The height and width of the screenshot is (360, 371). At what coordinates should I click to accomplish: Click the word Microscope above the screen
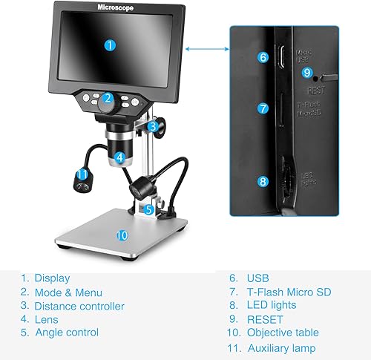[x=118, y=7]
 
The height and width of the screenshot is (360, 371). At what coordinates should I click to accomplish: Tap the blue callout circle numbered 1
[x=110, y=45]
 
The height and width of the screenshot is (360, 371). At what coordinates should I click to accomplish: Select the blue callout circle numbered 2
[x=108, y=97]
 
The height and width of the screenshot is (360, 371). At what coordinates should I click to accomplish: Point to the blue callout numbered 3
[x=151, y=126]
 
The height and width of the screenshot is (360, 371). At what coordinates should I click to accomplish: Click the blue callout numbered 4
[x=119, y=157]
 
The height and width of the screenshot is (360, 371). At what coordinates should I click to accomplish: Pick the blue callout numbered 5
[x=148, y=209]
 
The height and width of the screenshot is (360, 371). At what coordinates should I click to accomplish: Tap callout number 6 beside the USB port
[x=263, y=56]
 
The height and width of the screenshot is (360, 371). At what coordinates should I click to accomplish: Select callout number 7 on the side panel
[x=263, y=108]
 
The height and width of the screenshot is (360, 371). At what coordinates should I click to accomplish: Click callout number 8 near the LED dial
[x=263, y=180]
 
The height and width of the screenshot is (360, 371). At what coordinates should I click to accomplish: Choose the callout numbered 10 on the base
[x=122, y=235]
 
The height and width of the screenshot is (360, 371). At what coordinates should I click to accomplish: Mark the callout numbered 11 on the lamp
[x=83, y=174]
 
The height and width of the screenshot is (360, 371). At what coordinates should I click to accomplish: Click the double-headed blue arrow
[x=206, y=49]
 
